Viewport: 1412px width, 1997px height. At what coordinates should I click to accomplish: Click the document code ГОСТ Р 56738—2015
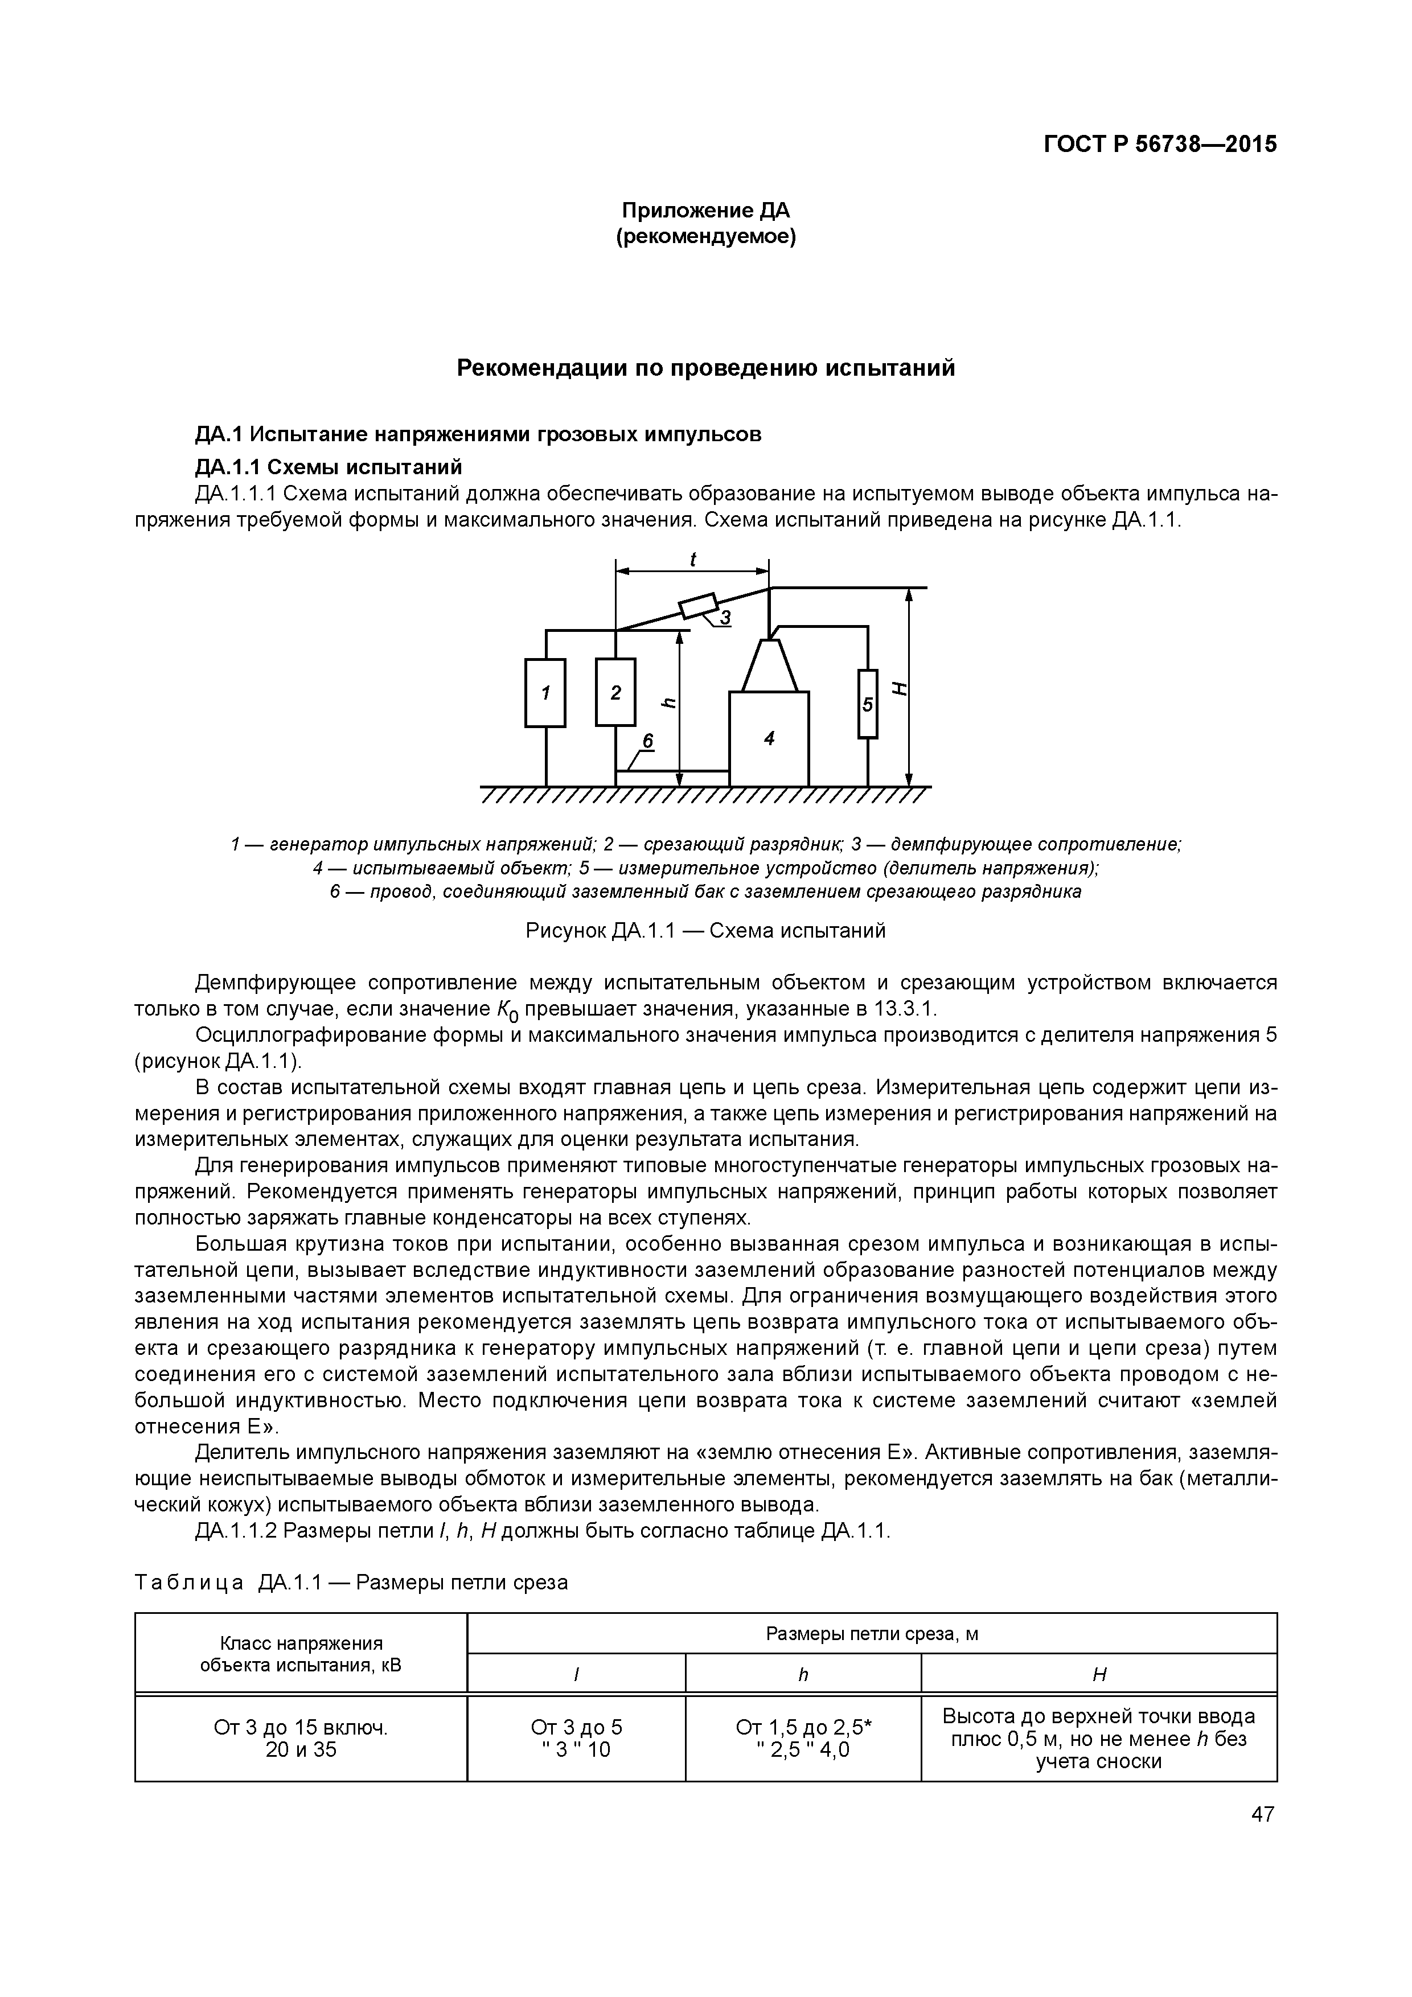pos(1160,145)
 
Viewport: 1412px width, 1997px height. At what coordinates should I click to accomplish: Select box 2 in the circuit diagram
pos(615,692)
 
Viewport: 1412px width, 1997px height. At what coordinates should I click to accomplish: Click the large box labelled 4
pos(769,738)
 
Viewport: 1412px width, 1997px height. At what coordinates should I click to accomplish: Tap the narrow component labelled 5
pos(867,704)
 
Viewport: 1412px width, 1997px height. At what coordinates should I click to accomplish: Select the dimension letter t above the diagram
pos(693,560)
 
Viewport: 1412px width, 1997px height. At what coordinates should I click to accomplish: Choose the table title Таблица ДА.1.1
pos(351,1582)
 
